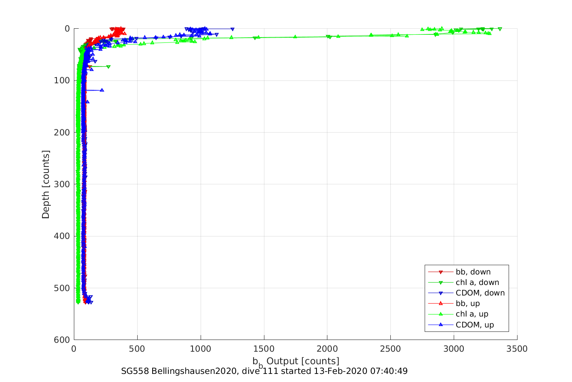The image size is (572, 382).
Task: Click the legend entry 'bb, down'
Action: point(473,272)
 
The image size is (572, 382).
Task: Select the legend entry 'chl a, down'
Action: point(477,283)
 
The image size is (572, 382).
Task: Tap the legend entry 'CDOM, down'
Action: point(480,293)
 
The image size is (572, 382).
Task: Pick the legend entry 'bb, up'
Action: point(467,304)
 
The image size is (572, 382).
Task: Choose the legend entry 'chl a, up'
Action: point(472,314)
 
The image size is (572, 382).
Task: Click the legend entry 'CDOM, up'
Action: point(475,325)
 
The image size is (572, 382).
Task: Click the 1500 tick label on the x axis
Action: point(264,349)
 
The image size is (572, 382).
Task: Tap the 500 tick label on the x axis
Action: point(137,349)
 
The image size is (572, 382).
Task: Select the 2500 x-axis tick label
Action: point(390,349)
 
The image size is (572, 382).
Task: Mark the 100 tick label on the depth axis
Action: point(62,80)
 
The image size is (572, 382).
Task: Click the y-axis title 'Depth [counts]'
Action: point(46,184)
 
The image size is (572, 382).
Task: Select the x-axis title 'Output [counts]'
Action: point(302,361)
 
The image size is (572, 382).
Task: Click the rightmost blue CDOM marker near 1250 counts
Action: point(233,29)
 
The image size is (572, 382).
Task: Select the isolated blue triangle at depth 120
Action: point(102,90)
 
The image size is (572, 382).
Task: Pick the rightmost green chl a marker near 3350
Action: point(500,29)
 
